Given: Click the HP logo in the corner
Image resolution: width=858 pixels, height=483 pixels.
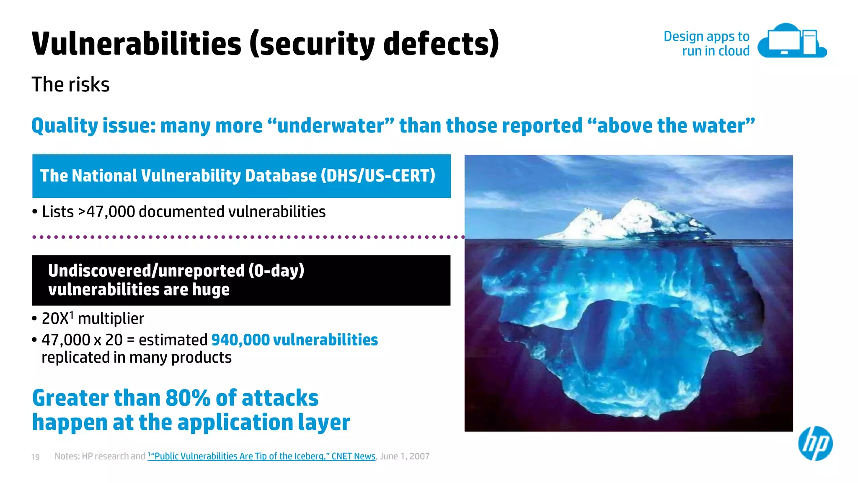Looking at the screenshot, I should coord(815,444).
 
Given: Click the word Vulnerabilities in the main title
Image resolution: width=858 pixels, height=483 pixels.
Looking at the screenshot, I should coord(137,44).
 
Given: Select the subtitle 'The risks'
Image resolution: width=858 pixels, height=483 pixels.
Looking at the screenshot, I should coord(70,85).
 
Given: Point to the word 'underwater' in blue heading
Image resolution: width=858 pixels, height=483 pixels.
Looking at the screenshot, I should coord(331,126).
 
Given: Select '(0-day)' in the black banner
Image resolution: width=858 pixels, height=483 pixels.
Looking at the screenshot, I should coord(276,271).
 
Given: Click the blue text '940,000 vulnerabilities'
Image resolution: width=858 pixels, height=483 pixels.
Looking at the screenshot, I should coord(294,340).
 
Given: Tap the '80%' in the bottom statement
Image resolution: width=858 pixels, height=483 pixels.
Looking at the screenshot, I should coord(188,398).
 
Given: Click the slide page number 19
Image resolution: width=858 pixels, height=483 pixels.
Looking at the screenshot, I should coord(36,457).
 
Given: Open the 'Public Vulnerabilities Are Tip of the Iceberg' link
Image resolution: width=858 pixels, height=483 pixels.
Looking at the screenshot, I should coord(262,456).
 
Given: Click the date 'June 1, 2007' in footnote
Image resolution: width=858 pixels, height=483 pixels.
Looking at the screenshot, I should coord(404,456).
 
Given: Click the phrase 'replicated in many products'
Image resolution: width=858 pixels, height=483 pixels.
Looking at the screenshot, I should coord(137,358).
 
